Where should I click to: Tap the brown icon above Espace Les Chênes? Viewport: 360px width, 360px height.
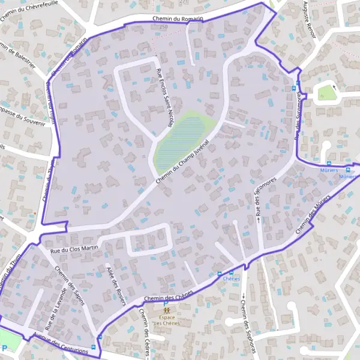coord(167,310)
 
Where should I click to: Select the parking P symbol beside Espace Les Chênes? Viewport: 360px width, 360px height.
coord(166,303)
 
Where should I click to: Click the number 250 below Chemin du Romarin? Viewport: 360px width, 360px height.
coord(164,27)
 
